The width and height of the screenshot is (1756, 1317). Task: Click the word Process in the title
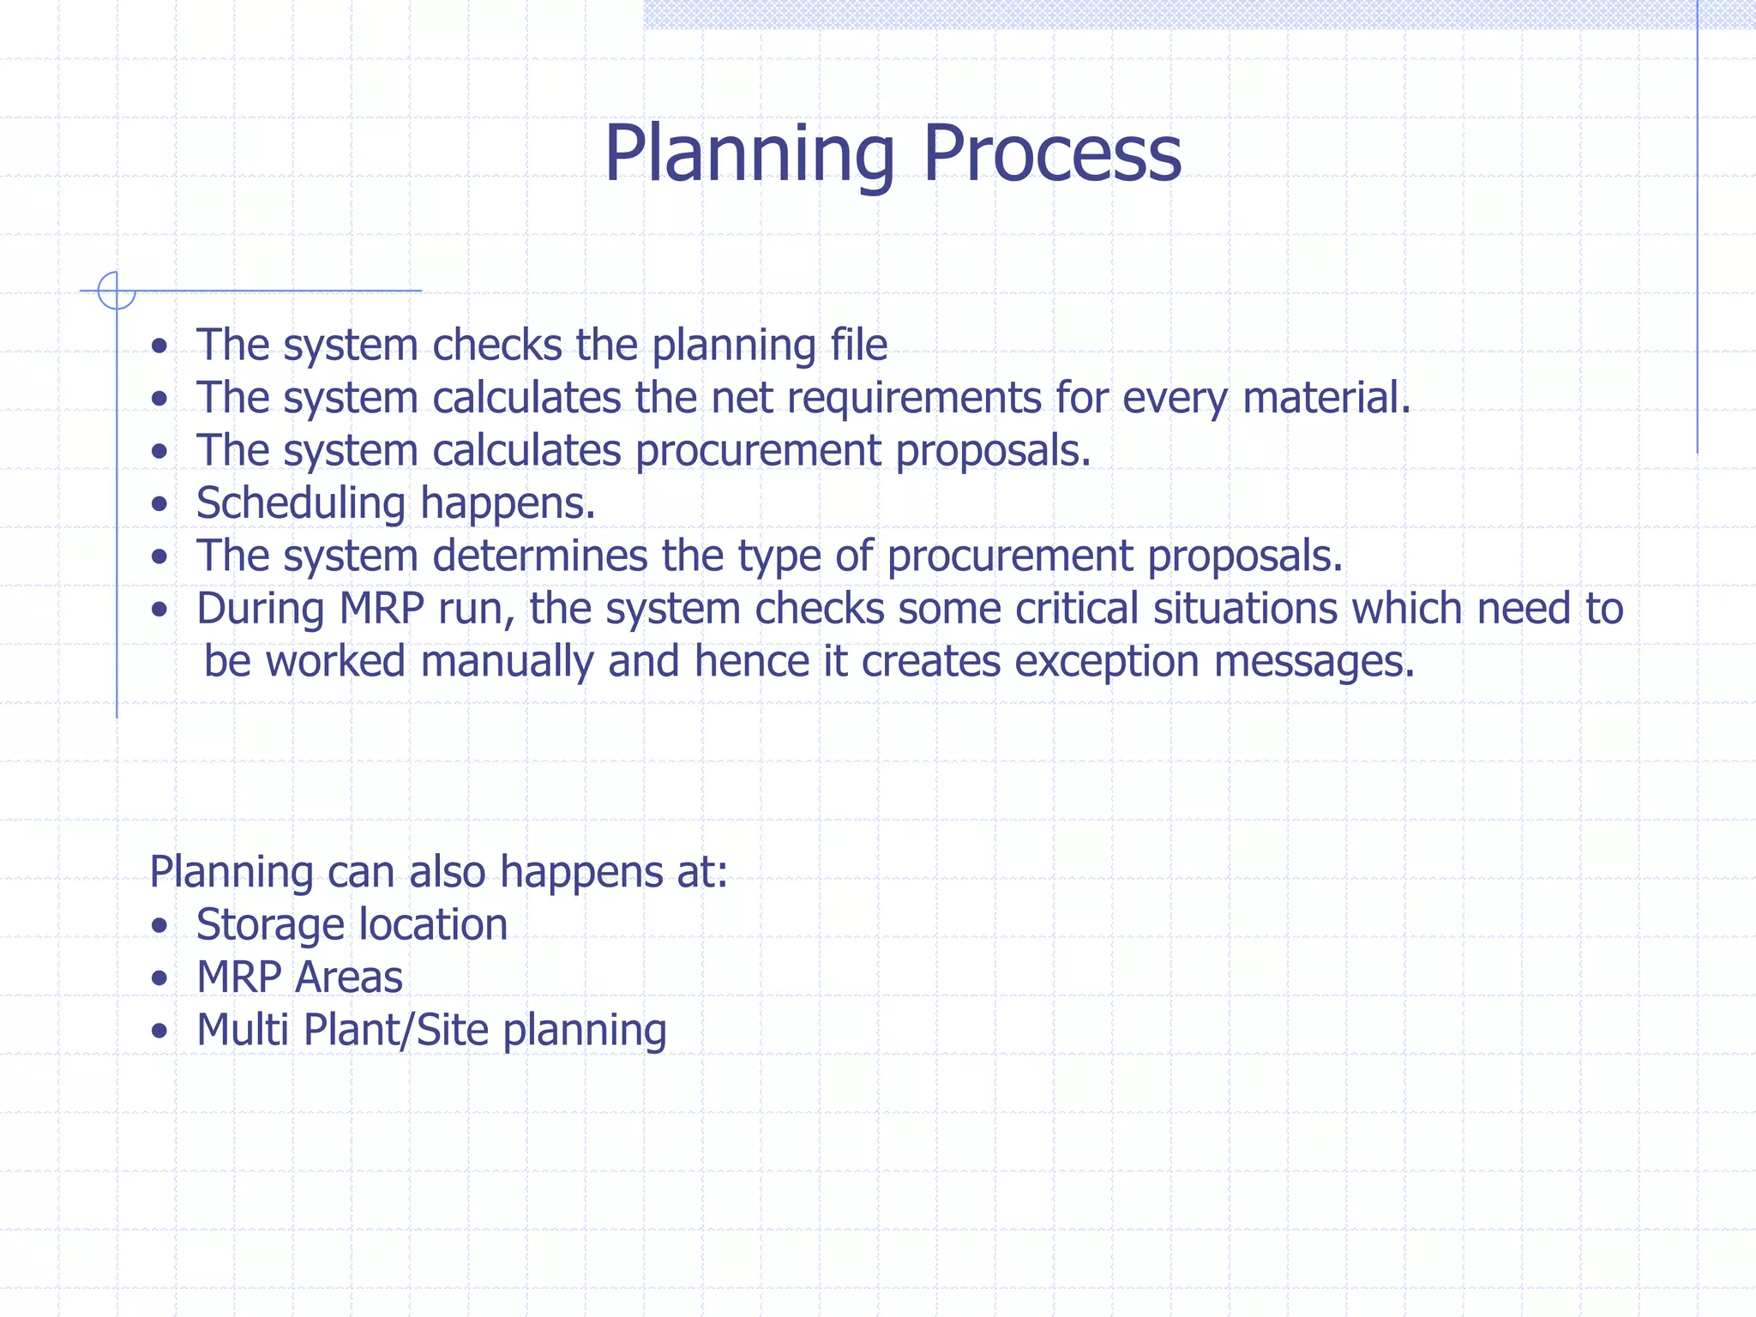(x=1052, y=154)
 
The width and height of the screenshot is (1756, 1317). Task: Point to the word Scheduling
(x=300, y=503)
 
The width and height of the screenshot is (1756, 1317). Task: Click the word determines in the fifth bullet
(x=540, y=556)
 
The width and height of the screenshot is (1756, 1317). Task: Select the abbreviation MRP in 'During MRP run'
(x=382, y=609)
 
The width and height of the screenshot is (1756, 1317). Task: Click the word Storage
(x=270, y=925)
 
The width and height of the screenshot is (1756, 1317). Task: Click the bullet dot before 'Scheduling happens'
(x=159, y=505)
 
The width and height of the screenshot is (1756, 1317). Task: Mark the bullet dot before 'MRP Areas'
(x=159, y=979)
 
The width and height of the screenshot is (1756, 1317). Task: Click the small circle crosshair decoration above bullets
(x=117, y=291)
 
